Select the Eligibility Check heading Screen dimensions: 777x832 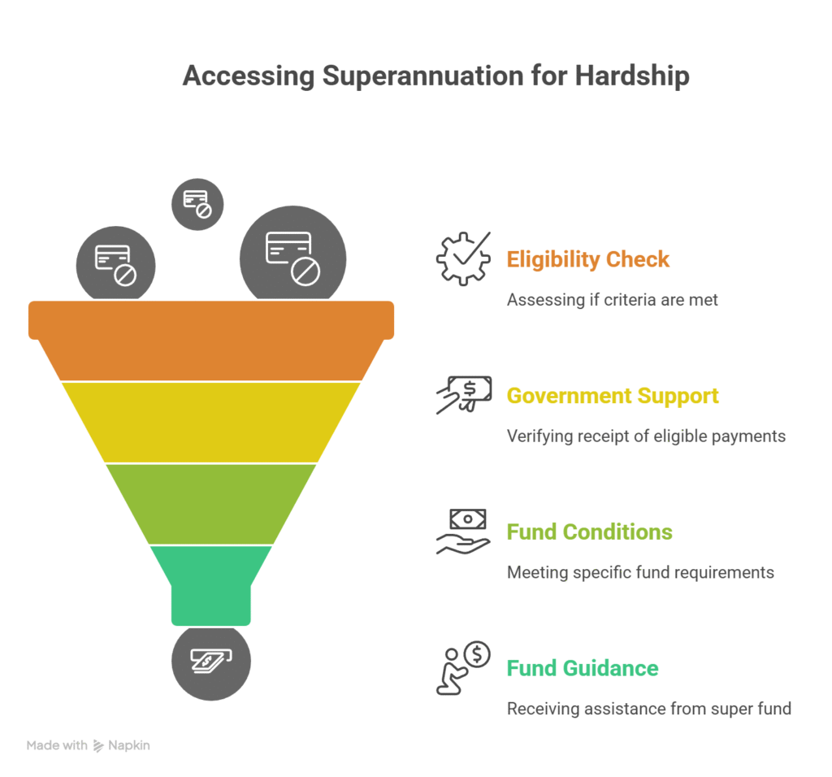pos(587,260)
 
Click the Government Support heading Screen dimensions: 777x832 pos(613,396)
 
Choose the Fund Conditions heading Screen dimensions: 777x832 pos(589,532)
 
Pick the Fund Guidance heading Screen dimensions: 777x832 pos(582,668)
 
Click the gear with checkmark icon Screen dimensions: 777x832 pos(463,258)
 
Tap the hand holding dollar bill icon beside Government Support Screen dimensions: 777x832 pos(463,395)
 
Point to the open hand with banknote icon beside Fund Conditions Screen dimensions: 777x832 pos(463,532)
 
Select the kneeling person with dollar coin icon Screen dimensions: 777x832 pos(463,668)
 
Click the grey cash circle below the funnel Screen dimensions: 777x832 pos(211,661)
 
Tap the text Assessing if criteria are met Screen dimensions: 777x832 pos(612,300)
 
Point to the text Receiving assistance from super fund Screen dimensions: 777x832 pos(648,709)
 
